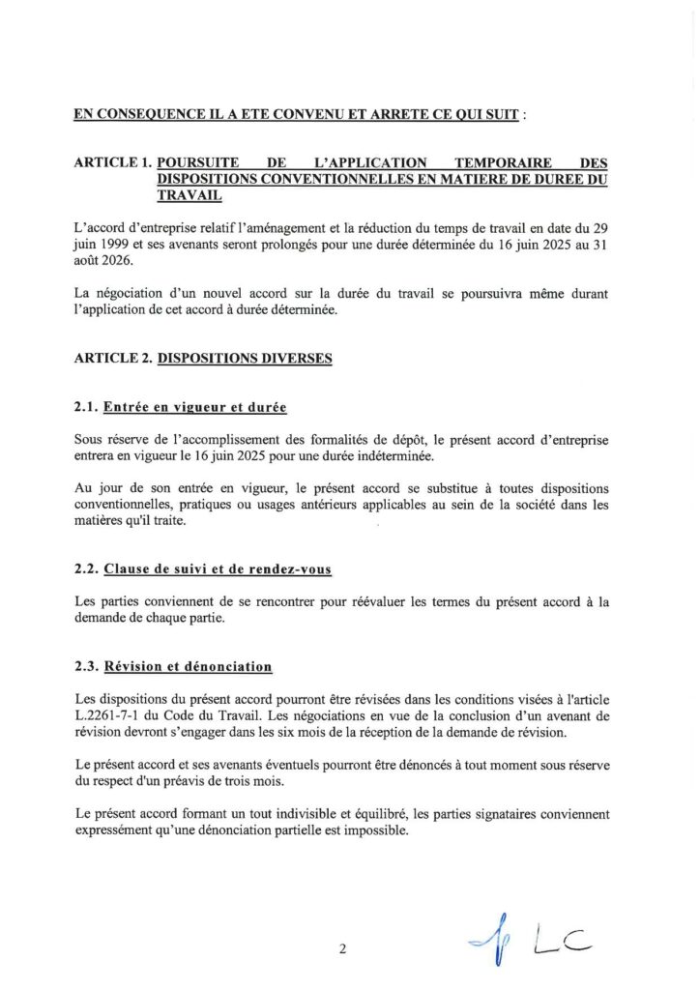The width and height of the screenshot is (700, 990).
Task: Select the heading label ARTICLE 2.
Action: pos(111,358)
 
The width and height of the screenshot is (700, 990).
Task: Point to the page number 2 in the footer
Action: pos(342,948)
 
